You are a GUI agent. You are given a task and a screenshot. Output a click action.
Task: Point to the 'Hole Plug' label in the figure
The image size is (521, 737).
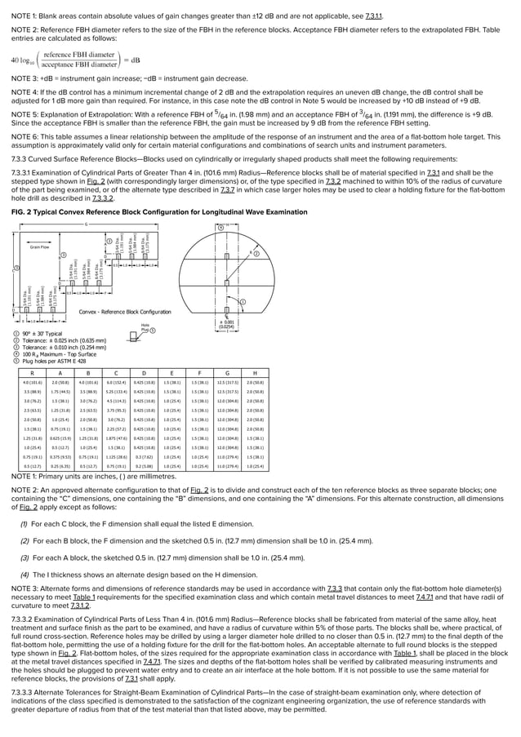click(x=145, y=326)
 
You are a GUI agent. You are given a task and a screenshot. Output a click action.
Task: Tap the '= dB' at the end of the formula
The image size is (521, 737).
click(x=129, y=59)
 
